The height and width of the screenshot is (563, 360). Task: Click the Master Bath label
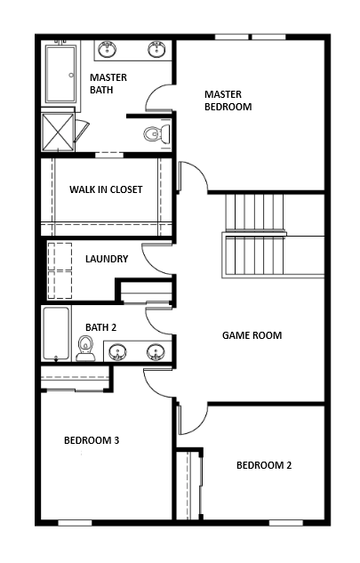108,84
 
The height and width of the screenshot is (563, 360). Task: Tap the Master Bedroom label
228,101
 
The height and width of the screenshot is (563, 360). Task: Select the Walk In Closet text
106,189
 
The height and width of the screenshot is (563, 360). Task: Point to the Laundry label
107,259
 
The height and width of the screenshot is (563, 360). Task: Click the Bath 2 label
100,327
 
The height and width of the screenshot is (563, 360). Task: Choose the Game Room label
252,335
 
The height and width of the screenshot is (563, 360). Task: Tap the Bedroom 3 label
92,440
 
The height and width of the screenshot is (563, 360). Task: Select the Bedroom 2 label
264,465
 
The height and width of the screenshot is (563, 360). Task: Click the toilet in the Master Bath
157,134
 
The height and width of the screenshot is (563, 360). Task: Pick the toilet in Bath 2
86,348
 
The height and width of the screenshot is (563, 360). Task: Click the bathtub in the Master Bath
60,74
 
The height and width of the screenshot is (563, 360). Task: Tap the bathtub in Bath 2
56,334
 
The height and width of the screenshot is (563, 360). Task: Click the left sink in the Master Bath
107,49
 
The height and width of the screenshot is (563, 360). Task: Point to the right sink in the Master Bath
156,49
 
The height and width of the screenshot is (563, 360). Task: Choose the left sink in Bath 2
117,352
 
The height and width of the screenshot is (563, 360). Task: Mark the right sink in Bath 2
156,352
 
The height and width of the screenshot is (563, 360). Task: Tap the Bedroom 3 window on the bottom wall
75,523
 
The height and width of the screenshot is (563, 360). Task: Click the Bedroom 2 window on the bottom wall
286,523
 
